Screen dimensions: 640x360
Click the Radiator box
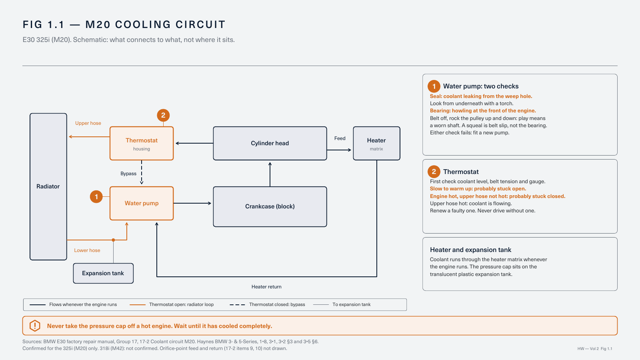click(x=48, y=186)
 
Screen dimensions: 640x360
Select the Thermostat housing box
click(x=142, y=144)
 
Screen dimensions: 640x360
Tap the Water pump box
click(x=142, y=204)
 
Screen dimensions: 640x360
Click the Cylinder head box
click(x=270, y=144)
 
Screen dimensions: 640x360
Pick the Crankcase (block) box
click(x=270, y=206)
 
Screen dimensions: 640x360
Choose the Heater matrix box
click(x=376, y=144)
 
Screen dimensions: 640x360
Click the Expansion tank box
click(x=103, y=274)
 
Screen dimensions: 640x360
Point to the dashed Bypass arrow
click(x=142, y=172)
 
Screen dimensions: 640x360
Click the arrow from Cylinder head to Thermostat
click(x=194, y=143)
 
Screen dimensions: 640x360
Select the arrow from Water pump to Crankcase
click(x=192, y=203)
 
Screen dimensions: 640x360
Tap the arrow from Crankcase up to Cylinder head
click(x=270, y=174)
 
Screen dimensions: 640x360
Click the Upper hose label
click(x=88, y=123)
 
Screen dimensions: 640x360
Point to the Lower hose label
click(x=87, y=250)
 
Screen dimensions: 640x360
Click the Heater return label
click(x=266, y=287)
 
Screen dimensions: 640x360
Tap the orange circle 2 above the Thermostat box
click(x=163, y=116)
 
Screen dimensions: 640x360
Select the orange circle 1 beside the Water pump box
click(x=96, y=196)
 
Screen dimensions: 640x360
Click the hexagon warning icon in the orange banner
click(x=35, y=326)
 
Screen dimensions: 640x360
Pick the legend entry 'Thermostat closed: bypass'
click(x=268, y=304)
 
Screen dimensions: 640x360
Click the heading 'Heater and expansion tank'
click(x=470, y=250)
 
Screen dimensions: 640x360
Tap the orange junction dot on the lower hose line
click(x=114, y=240)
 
